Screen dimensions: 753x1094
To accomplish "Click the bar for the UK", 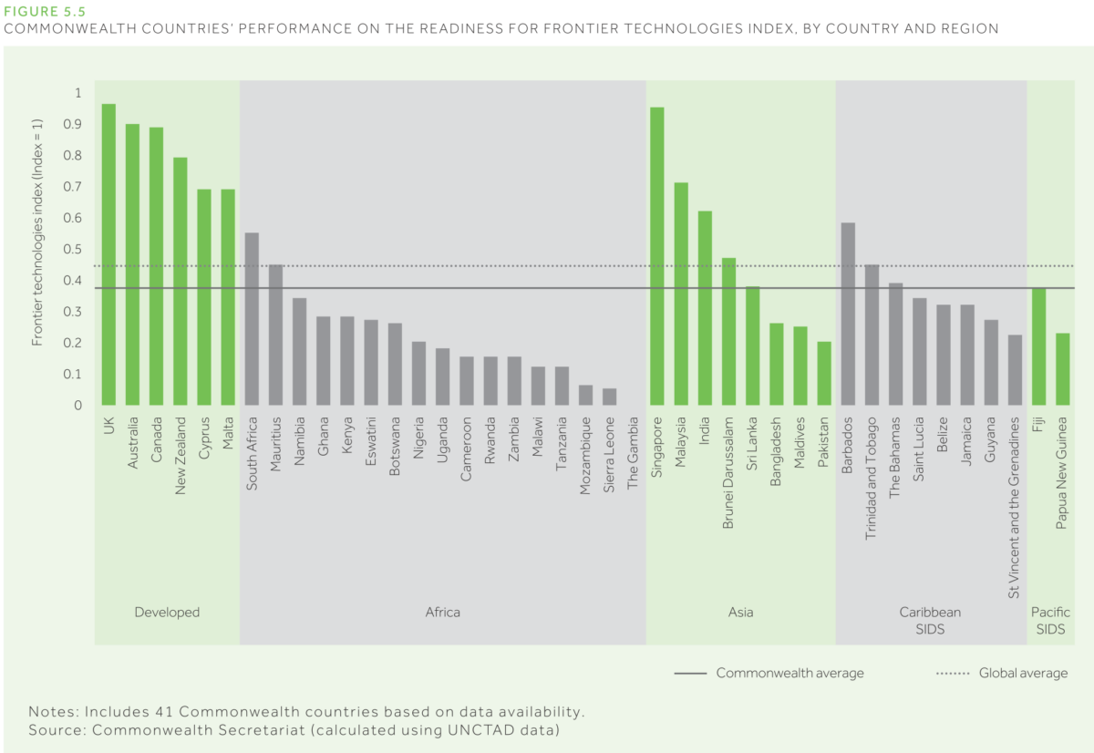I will pyautogui.click(x=108, y=254).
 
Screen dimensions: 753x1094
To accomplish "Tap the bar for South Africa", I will pyautogui.click(x=253, y=319).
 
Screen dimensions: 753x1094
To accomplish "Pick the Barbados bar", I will pyautogui.click(x=848, y=314).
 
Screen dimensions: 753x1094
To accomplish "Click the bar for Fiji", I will pyautogui.click(x=1038, y=346).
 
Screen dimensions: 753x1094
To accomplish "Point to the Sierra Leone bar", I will pyautogui.click(x=609, y=397).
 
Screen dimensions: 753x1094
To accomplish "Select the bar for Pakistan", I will pyautogui.click(x=824, y=373).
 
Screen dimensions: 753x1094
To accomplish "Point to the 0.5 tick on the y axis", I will pyautogui.click(x=77, y=250).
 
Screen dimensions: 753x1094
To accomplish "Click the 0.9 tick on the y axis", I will pyautogui.click(x=77, y=125).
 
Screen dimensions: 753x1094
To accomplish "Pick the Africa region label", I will pyautogui.click(x=443, y=613).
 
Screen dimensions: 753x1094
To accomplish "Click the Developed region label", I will pyautogui.click(x=167, y=613).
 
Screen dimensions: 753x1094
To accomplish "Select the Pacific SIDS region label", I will pyautogui.click(x=1050, y=621).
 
